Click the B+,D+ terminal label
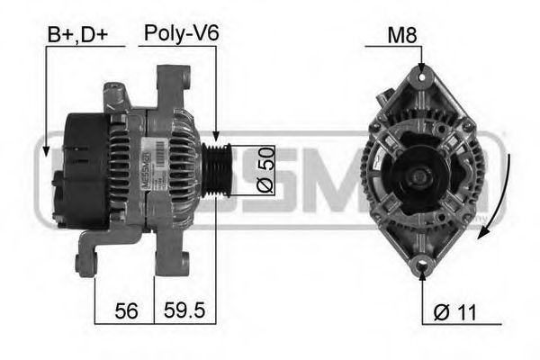pyautogui.click(x=78, y=35)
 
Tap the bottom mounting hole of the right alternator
pyautogui.click(x=422, y=267)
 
